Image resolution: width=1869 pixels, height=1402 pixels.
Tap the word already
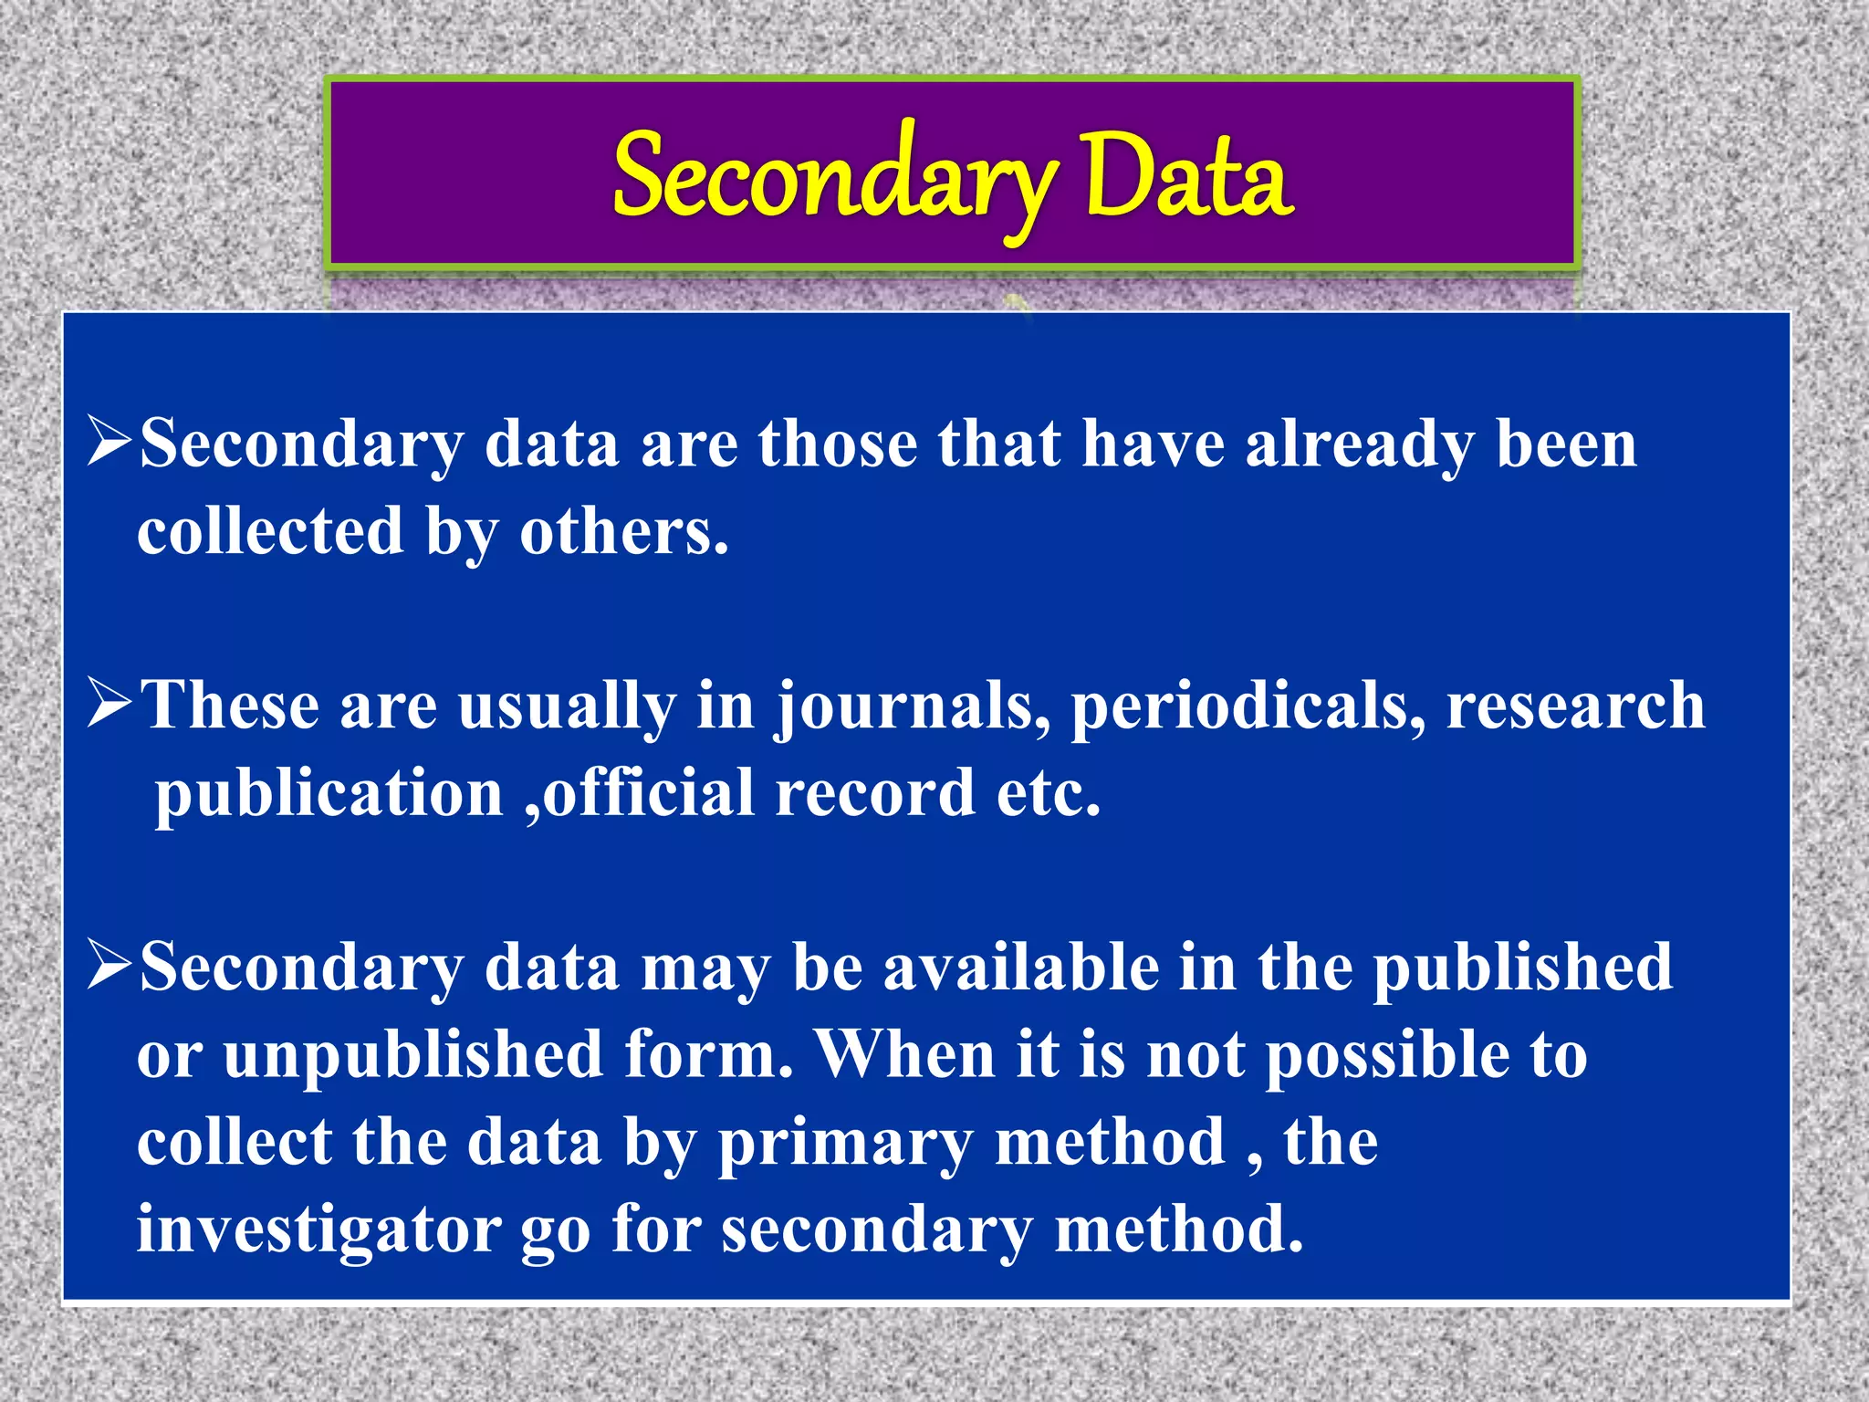tap(1359, 445)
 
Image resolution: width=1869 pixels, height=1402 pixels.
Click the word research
tap(1576, 706)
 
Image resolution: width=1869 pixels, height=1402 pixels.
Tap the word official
tap(647, 792)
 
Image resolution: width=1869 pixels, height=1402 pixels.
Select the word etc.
tap(1049, 792)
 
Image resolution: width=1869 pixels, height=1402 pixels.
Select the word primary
tap(845, 1144)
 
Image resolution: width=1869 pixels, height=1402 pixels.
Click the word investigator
tap(318, 1230)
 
